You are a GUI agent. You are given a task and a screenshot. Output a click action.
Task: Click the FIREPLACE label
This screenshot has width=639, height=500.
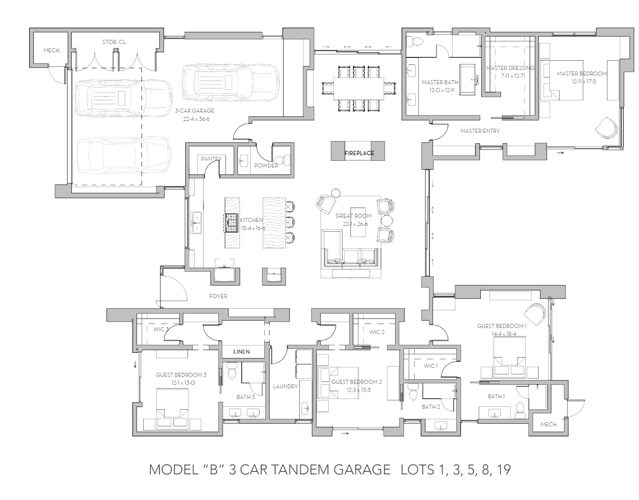click(359, 153)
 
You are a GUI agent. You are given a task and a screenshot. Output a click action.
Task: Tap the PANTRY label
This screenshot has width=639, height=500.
click(211, 159)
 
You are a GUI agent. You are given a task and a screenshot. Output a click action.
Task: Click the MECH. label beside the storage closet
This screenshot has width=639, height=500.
click(52, 50)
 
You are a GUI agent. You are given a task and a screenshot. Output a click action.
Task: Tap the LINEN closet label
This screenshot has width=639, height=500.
click(242, 352)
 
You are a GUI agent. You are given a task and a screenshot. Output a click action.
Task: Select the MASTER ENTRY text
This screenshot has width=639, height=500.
click(480, 131)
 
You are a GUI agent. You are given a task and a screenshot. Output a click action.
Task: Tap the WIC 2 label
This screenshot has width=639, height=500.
click(377, 332)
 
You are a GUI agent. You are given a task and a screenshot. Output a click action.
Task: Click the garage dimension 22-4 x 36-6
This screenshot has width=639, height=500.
click(195, 119)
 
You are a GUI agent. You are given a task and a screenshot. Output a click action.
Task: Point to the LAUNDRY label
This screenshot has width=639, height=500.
click(285, 386)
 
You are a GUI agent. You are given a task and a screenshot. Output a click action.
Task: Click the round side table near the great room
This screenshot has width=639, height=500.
click(336, 193)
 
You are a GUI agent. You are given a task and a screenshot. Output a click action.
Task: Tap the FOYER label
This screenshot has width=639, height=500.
click(218, 296)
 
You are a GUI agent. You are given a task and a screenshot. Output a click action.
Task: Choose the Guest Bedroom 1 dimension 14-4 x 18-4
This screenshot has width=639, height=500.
click(504, 334)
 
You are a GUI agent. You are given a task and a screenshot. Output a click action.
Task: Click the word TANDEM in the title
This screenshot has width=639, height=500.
click(294, 470)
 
